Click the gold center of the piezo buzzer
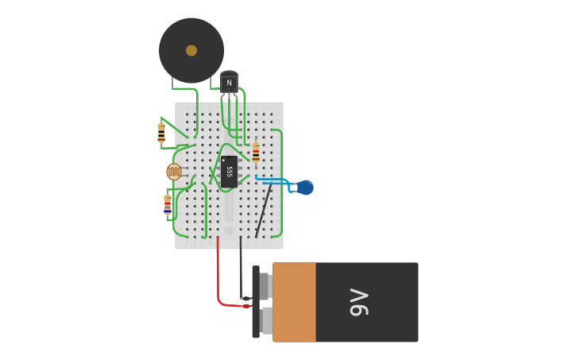[191, 50]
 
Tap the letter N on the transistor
[229, 83]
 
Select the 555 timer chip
[229, 172]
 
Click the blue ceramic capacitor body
[305, 188]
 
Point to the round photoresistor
[173, 172]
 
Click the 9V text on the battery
[360, 302]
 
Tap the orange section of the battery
[294, 302]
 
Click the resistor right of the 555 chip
[256, 152]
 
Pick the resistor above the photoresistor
[161, 133]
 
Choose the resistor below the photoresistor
[168, 204]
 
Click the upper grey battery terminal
[265, 286]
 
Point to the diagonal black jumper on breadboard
[263, 211]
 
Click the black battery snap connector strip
[256, 302]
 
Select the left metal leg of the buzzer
[172, 82]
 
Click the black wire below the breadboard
[241, 270]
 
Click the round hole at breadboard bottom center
[229, 230]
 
